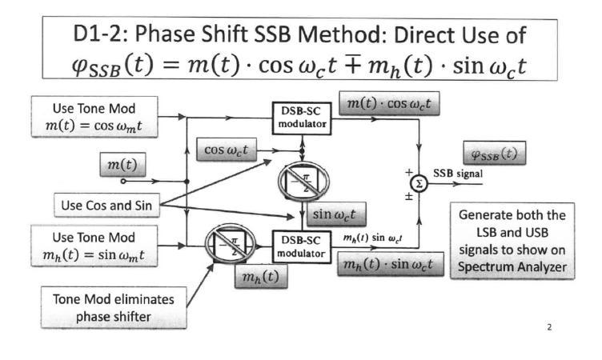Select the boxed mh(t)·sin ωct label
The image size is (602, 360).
coord(391,264)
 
